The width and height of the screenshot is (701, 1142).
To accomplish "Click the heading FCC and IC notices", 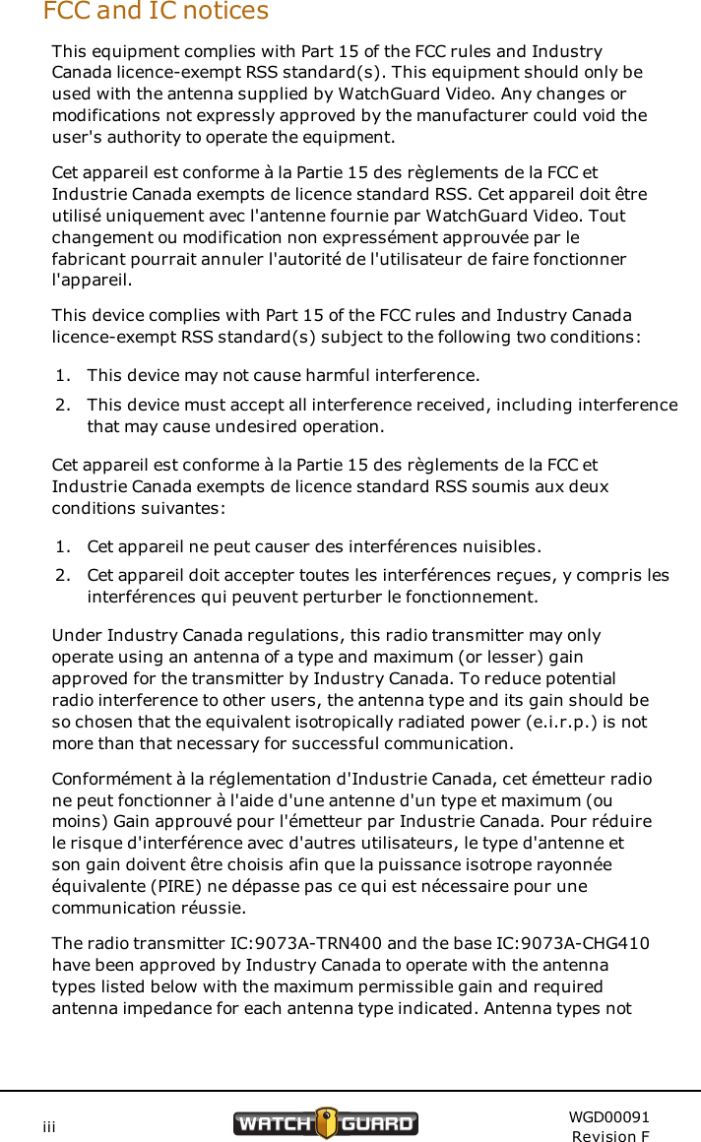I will pyautogui.click(x=156, y=12).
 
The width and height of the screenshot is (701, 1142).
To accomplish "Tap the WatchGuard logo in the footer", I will pyautogui.click(x=325, y=1123).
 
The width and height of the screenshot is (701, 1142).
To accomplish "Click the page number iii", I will pyautogui.click(x=48, y=1124).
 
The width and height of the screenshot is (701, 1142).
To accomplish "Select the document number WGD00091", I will pyautogui.click(x=608, y=1116).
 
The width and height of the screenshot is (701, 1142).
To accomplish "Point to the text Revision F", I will pyautogui.click(x=610, y=1136).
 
